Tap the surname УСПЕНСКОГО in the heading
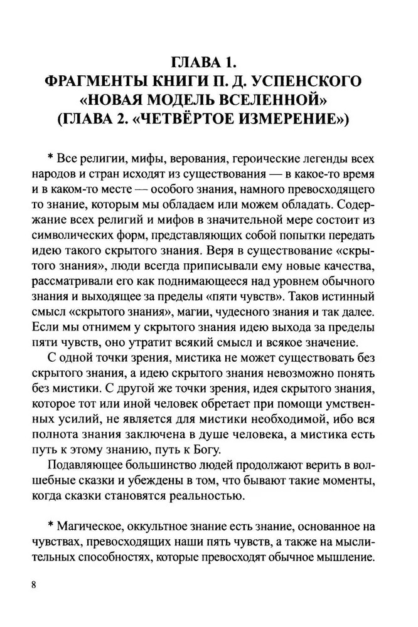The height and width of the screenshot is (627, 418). click(x=306, y=82)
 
